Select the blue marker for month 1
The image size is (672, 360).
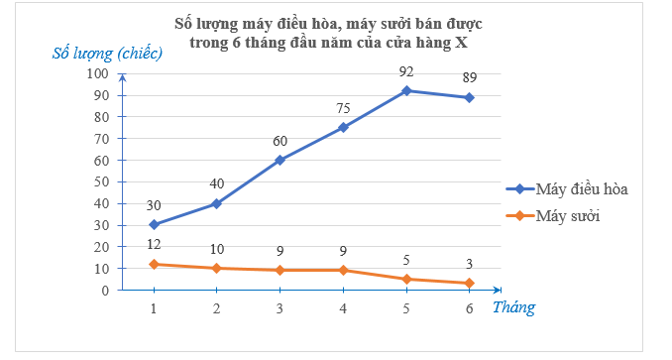154,224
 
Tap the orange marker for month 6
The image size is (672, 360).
469,284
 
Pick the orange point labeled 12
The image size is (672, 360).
154,264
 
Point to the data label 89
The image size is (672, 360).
469,77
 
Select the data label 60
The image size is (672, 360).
280,141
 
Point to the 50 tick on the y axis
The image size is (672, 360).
100,181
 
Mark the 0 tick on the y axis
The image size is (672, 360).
104,290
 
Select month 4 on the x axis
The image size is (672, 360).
343,308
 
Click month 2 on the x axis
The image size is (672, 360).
217,308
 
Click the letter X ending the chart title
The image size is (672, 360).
461,42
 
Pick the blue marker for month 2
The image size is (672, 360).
217,203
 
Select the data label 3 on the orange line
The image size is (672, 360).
469,265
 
